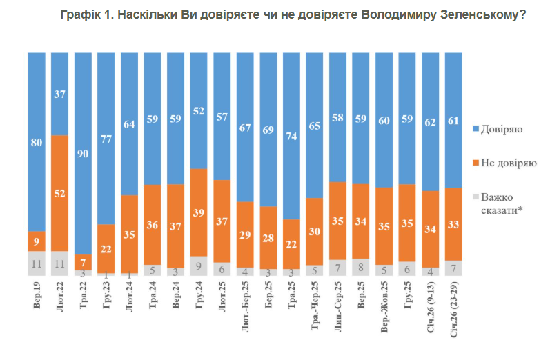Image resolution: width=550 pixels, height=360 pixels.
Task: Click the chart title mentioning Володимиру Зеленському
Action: [x=293, y=14]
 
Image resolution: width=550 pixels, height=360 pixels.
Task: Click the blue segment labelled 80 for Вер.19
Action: [x=37, y=141]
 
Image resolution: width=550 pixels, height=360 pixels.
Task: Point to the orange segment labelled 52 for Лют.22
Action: [x=60, y=193]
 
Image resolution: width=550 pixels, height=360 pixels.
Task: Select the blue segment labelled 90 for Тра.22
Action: [x=84, y=153]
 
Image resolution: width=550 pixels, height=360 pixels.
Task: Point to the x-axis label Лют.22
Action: [x=61, y=297]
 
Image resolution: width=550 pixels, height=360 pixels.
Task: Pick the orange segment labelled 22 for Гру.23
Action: [x=106, y=249]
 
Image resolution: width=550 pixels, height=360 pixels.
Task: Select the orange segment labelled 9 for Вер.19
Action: [x=37, y=241]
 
